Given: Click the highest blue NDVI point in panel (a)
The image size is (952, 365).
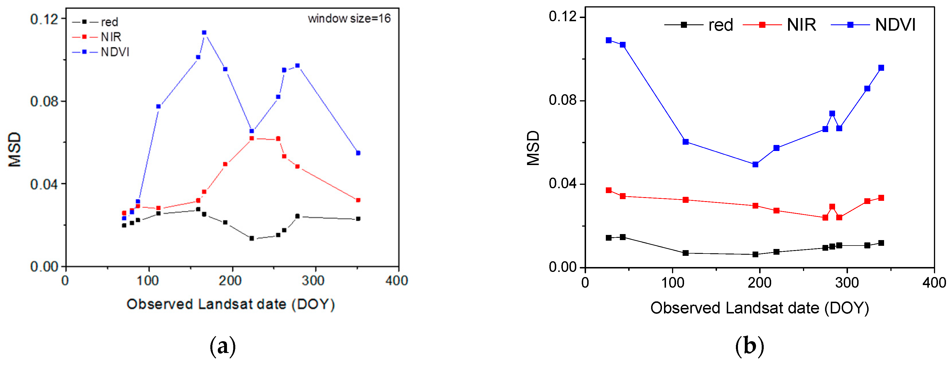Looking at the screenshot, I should point(204,32).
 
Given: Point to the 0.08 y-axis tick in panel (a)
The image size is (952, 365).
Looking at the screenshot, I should point(44,101).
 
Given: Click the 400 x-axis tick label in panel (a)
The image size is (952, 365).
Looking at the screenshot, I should point(397,281).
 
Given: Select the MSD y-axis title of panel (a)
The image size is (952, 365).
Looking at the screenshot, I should point(15,149).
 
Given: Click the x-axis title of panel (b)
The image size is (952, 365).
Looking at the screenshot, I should point(759,308).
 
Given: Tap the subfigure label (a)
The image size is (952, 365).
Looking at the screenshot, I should point(222,346).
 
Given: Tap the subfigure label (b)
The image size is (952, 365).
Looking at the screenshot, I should point(749,346).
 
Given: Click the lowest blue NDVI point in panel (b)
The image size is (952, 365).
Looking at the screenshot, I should point(755,164).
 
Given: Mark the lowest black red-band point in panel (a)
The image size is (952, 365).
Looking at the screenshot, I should point(252,238).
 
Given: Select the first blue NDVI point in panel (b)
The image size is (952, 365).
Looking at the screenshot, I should point(609,40).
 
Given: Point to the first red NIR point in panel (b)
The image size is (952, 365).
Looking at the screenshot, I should point(609,190).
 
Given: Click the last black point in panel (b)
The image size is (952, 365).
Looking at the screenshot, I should point(881,243).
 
